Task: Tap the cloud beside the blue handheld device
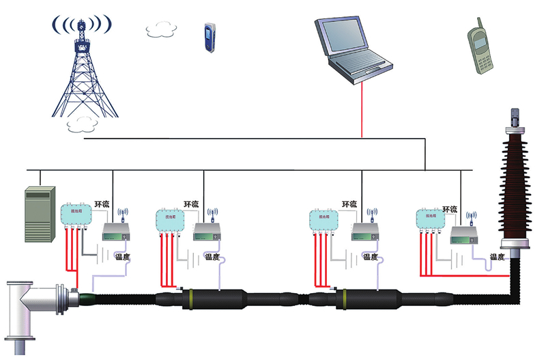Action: [162, 29]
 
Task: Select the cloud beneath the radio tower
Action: [81, 124]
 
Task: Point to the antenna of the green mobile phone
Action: [470, 20]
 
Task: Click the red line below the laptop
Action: [362, 109]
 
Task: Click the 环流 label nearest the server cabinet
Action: [102, 205]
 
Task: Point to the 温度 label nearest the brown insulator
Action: [497, 258]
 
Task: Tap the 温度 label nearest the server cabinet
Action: [123, 258]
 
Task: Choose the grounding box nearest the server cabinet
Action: [76, 215]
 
